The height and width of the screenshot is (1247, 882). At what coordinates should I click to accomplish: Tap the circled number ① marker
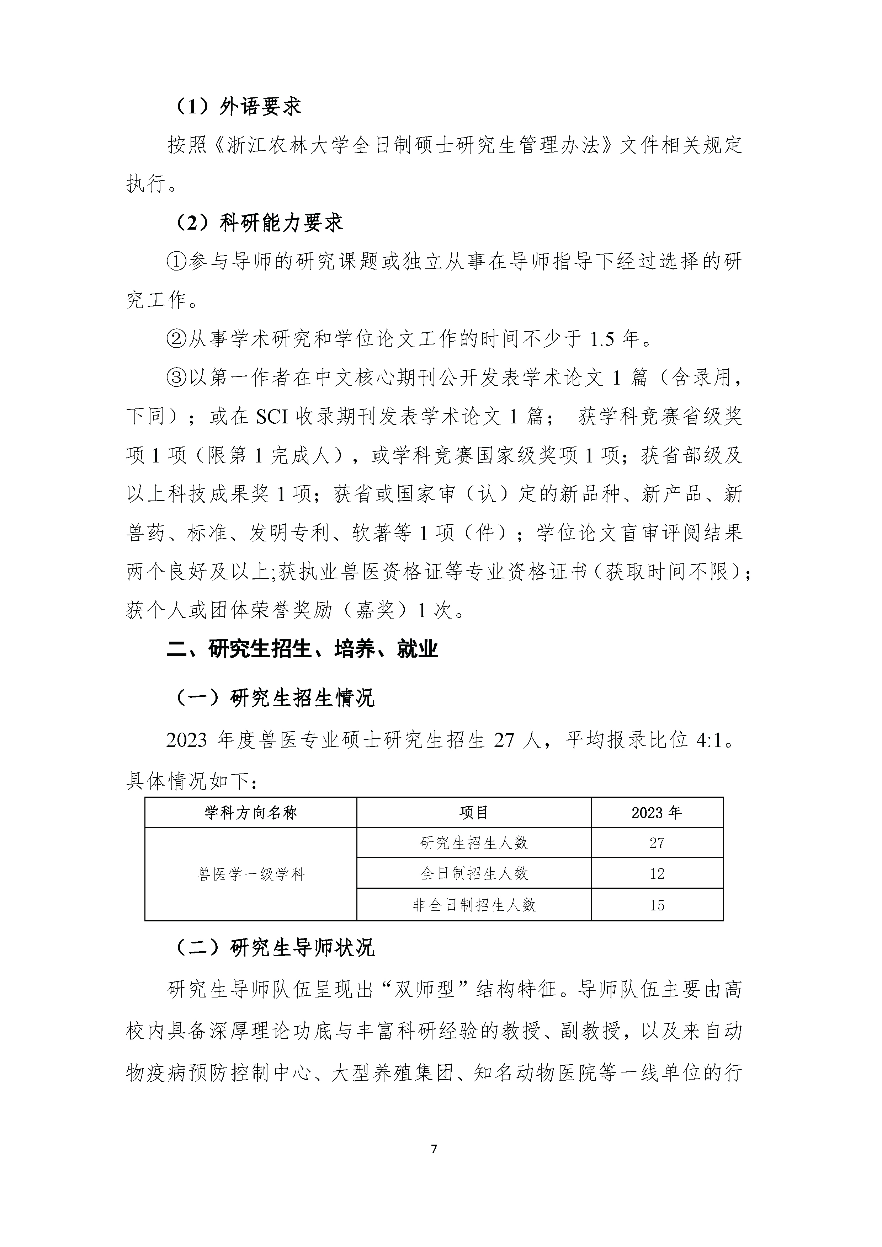point(177,261)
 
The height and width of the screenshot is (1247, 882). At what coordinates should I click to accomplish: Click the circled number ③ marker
point(177,378)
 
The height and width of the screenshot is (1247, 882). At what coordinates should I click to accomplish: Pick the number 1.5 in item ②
point(602,339)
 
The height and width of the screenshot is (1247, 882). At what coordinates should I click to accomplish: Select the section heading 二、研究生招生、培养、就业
point(302,649)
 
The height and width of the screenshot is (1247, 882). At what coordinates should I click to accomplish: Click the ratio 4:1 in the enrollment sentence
point(709,740)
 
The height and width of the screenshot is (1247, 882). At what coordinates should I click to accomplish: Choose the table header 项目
point(474,813)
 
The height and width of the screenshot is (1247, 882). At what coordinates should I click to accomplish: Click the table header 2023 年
point(657,813)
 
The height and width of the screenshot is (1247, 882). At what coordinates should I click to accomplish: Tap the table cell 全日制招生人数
point(474,873)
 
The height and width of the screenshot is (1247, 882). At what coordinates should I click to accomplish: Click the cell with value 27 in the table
point(657,843)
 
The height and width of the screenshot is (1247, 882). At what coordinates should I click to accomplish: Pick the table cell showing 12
point(657,873)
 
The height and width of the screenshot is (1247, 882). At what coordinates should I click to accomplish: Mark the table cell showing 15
point(657,905)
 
